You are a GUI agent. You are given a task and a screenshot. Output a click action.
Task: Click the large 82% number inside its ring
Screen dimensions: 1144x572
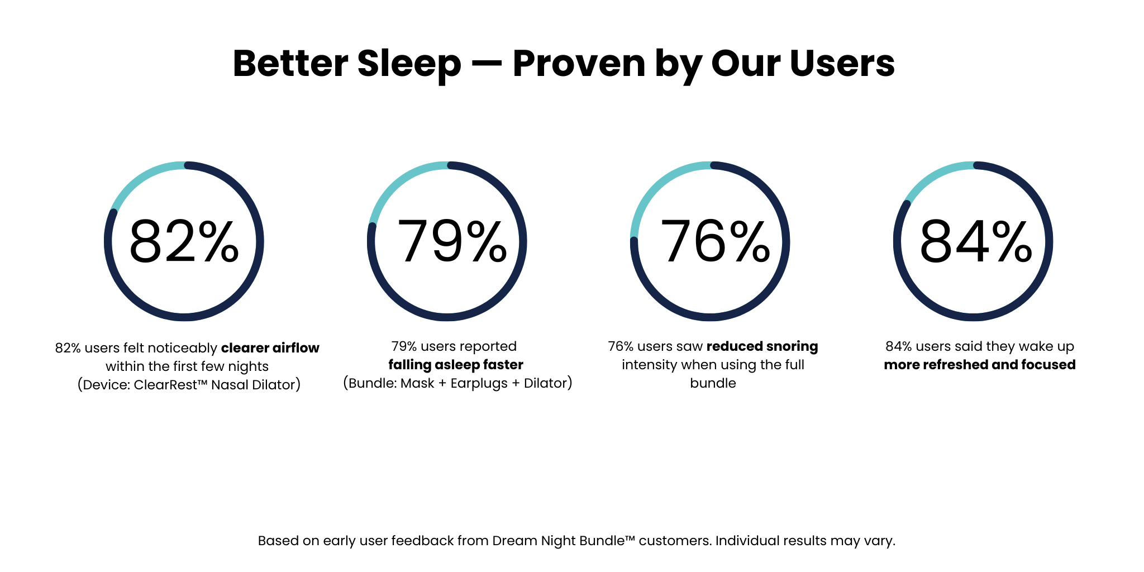click(184, 241)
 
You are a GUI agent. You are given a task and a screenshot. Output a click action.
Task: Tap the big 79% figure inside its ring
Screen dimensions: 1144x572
click(451, 241)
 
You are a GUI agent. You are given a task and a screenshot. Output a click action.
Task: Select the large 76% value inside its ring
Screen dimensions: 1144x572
click(715, 241)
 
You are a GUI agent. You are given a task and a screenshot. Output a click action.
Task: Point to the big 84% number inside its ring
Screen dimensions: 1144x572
click(976, 241)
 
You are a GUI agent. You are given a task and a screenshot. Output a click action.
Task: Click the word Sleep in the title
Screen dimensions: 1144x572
click(409, 64)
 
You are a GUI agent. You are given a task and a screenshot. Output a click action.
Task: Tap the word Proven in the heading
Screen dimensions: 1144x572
click(579, 64)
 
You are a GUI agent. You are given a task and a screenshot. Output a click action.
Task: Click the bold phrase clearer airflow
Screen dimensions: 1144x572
click(270, 348)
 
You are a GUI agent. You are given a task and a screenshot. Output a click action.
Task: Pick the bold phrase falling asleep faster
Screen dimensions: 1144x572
click(456, 365)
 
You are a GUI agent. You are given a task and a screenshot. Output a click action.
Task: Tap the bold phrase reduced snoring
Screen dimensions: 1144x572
click(762, 346)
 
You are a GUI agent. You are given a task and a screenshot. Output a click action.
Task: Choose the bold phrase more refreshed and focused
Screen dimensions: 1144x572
click(980, 365)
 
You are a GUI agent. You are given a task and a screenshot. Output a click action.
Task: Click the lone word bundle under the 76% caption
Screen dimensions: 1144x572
click(713, 383)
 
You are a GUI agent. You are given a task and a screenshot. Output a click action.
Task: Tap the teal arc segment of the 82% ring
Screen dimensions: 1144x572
click(142, 178)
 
